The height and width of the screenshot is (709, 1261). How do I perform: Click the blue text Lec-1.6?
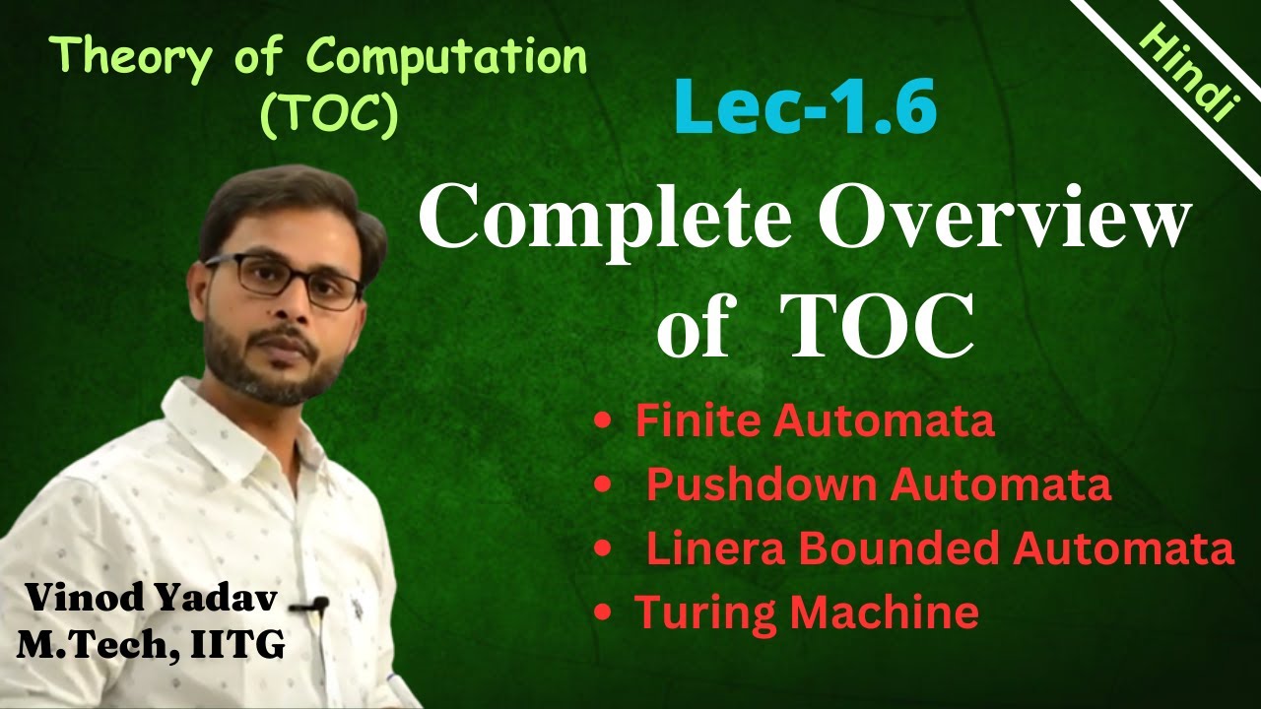point(805,109)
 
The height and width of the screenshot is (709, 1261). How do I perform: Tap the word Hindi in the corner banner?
point(1187,73)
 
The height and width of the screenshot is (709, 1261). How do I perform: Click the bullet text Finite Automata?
point(814,421)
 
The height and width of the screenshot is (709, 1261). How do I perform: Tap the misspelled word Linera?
point(703,548)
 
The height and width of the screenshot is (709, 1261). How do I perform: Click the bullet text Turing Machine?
point(806,612)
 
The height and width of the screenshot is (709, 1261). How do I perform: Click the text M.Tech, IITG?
point(151,645)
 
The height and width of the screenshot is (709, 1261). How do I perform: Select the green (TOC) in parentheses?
point(328,116)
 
